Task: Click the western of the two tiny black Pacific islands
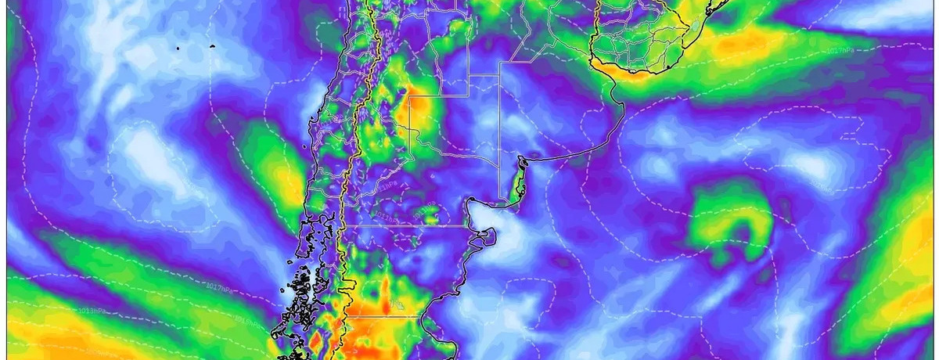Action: [x=178, y=48]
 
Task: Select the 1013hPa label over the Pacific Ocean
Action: [x=92, y=311]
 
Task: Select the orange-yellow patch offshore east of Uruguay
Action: [x=751, y=43]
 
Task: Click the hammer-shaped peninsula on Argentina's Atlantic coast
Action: [x=487, y=234]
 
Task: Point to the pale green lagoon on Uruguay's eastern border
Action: [x=695, y=25]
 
